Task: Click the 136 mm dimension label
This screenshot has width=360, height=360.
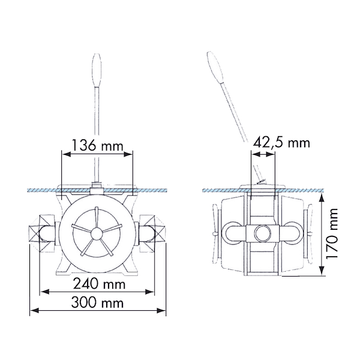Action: pos(98,145)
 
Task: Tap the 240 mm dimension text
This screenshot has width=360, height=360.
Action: pos(99,284)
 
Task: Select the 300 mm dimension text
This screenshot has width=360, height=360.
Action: pos(97,302)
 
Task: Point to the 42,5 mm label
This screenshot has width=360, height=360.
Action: pos(281,143)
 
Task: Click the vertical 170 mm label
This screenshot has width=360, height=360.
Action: pos(332,234)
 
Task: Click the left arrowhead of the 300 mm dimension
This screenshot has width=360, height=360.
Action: pos(34,311)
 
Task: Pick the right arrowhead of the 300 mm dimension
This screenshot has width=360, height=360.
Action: pos(161,311)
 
